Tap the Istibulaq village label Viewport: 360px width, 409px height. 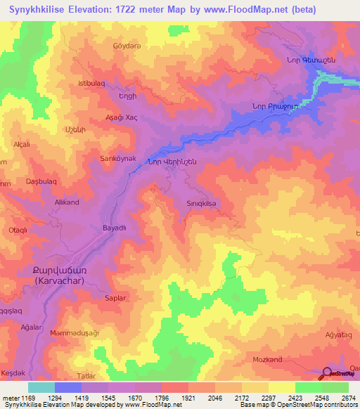tap(91, 84)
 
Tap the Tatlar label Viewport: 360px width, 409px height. tap(86, 376)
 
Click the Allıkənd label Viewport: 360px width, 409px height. tap(67, 202)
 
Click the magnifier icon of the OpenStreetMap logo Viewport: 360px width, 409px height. tap(326, 374)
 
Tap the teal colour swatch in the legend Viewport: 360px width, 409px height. tap(41, 387)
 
